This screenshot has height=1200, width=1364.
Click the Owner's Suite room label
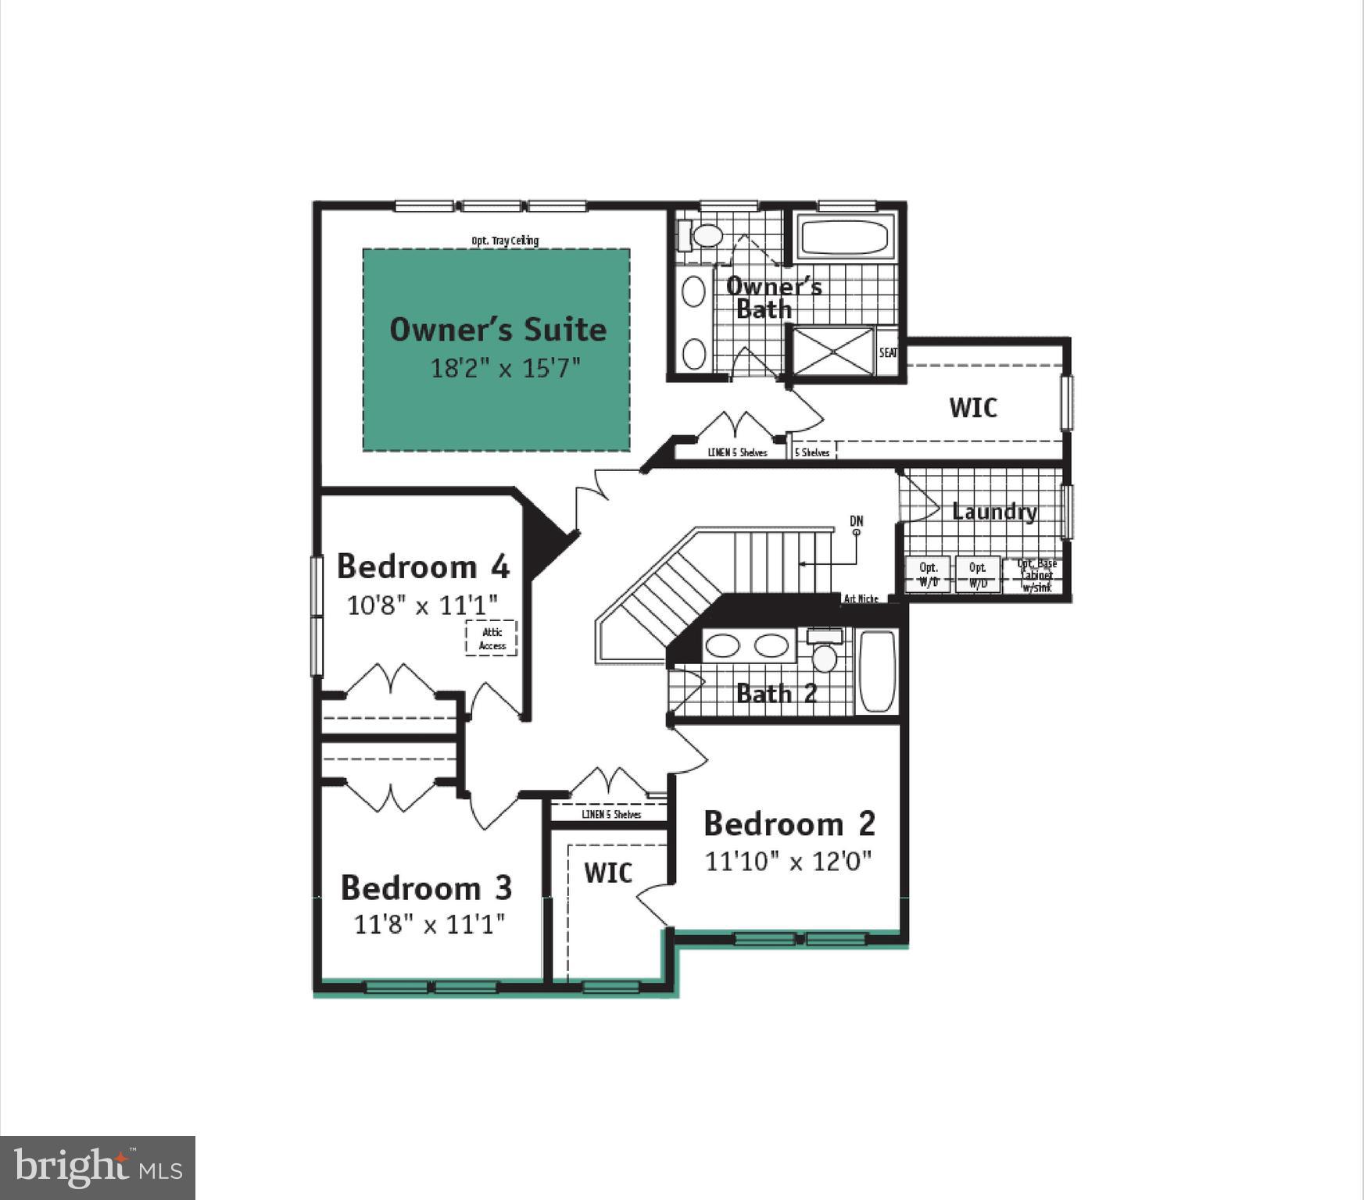coord(498,329)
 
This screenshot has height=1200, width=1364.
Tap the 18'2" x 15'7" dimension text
coord(506,368)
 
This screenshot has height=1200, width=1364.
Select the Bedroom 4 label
coord(423,566)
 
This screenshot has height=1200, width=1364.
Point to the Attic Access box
coord(492,638)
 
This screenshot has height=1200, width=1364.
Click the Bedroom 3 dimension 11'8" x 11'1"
coord(429,924)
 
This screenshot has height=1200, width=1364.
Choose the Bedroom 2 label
coord(789,823)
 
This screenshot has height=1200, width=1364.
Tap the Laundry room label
coord(994,512)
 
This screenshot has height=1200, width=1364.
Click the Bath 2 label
coord(776,693)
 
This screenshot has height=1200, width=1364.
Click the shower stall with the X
coord(833,351)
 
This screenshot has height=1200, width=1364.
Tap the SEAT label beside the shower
coord(888,353)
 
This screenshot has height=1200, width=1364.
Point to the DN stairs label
coord(857,521)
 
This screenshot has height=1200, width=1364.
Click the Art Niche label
coord(861,598)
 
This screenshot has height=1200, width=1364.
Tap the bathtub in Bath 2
coord(877,671)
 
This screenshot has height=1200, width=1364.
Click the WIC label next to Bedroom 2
coord(608,873)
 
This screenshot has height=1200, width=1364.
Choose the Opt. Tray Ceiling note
coord(505,241)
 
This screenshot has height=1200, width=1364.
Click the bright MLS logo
coord(98,1168)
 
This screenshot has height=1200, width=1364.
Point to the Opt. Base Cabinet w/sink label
coord(1036,575)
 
